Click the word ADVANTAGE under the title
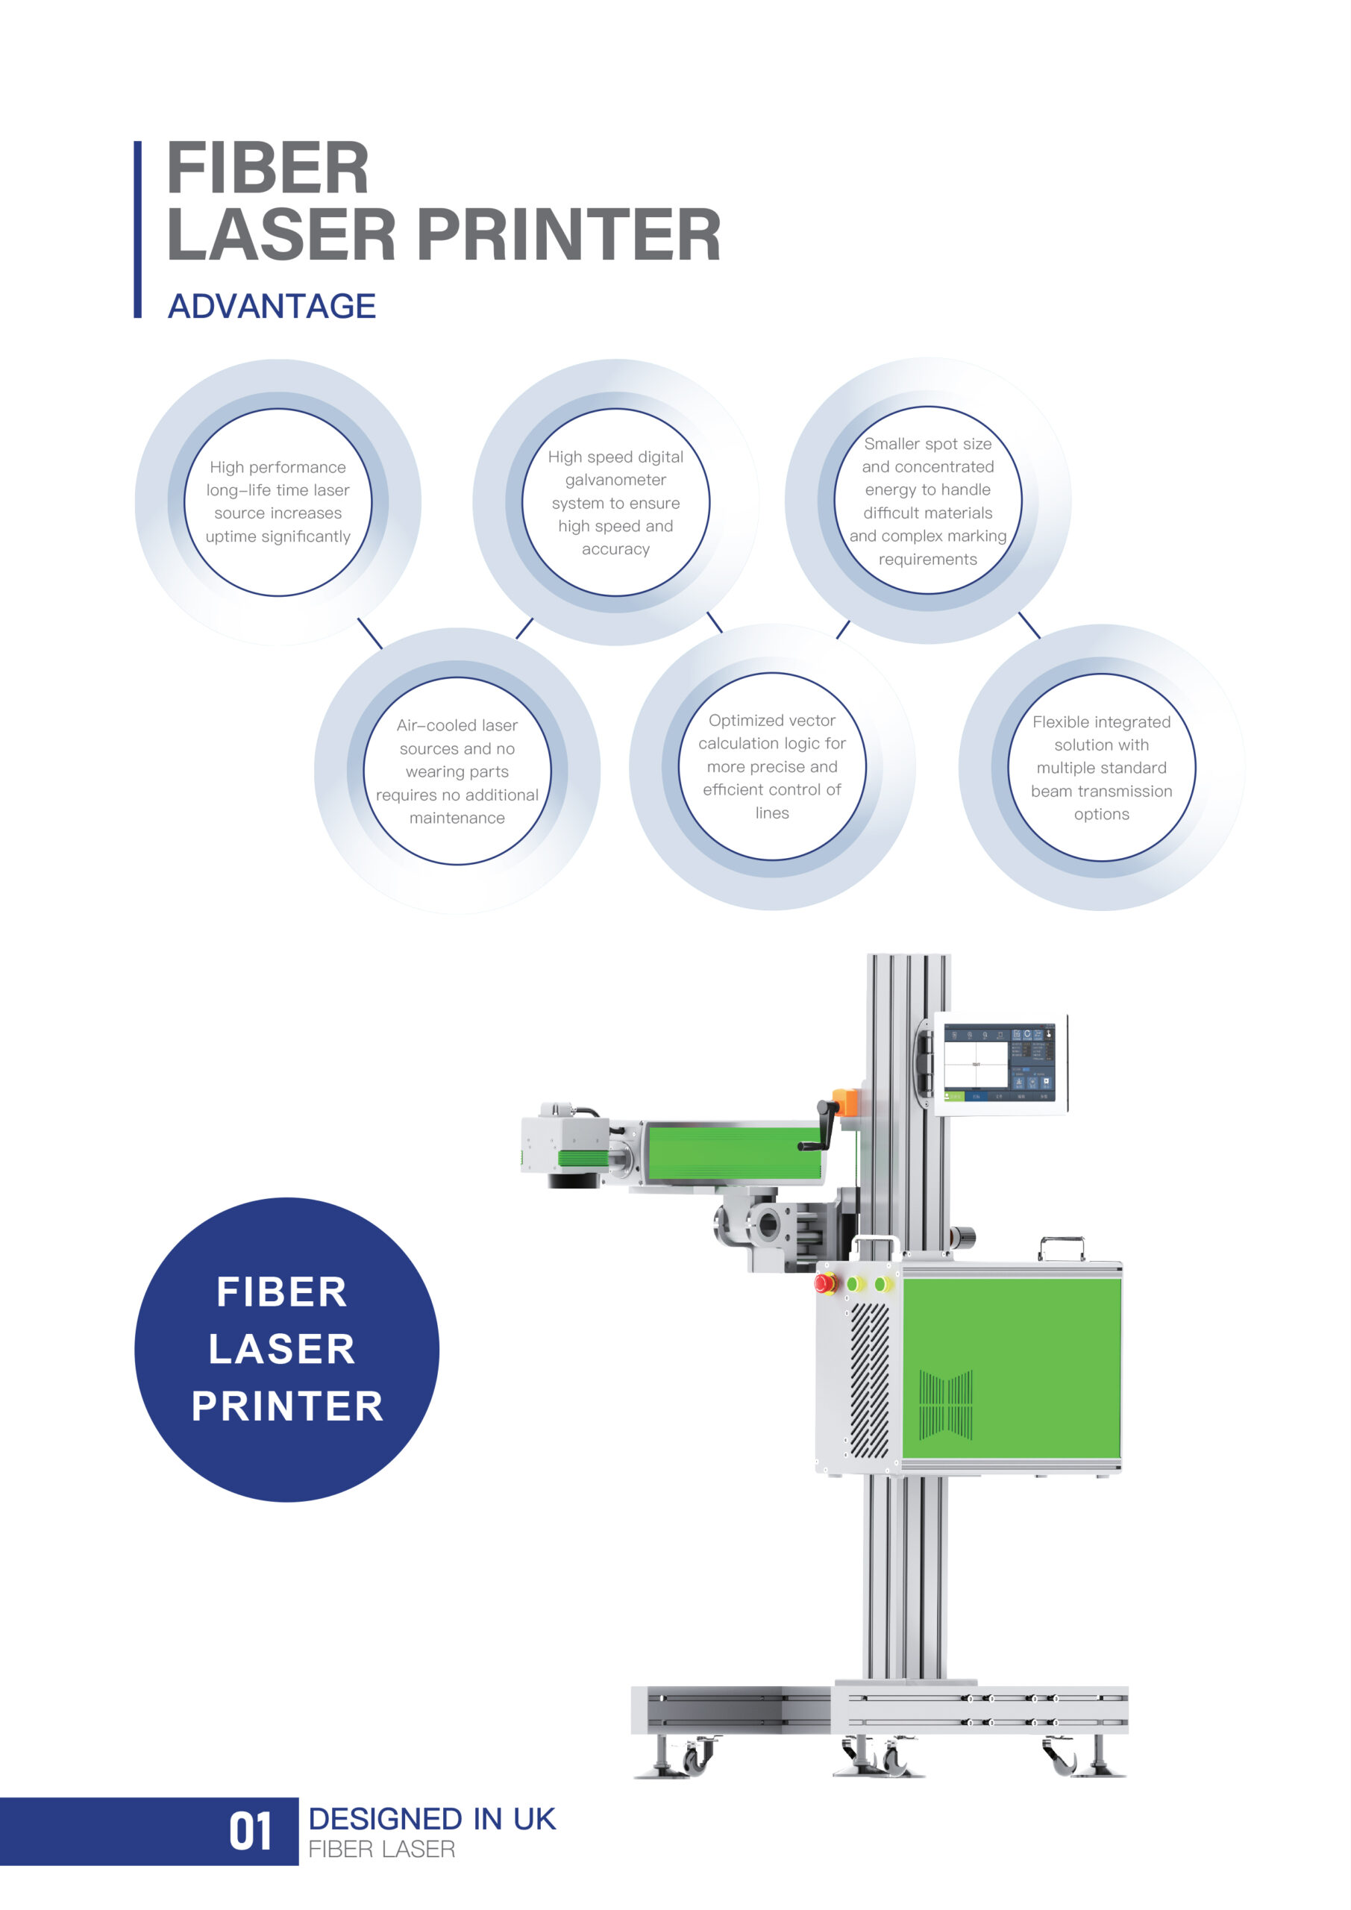(x=272, y=306)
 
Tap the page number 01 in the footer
(x=251, y=1832)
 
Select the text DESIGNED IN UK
(x=431, y=1819)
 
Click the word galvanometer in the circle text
(x=615, y=480)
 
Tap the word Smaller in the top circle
(x=893, y=444)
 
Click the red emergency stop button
(x=825, y=1283)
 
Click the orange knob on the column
(x=844, y=1101)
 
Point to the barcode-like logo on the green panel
(x=946, y=1405)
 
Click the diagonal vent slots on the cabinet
(x=868, y=1381)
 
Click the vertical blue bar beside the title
(x=138, y=229)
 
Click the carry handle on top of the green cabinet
(x=1062, y=1247)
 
